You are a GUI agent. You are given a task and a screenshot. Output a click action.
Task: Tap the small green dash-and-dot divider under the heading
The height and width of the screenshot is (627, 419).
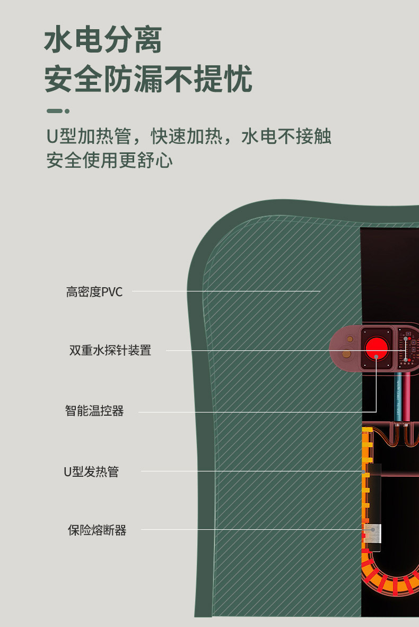click(x=58, y=111)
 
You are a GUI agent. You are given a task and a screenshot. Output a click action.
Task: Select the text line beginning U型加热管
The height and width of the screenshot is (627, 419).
click(x=188, y=136)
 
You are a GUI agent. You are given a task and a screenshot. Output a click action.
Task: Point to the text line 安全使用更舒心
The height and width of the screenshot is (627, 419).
click(x=109, y=160)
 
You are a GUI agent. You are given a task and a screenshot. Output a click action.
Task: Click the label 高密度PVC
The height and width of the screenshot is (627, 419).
click(x=94, y=291)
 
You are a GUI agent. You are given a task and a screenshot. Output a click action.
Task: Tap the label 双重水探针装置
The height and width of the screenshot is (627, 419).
click(x=110, y=350)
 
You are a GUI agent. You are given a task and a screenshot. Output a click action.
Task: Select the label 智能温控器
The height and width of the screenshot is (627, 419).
click(x=94, y=411)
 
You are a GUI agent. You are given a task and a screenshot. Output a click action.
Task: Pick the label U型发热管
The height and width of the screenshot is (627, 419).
click(x=91, y=471)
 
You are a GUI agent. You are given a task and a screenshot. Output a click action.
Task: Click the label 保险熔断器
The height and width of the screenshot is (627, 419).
click(x=97, y=530)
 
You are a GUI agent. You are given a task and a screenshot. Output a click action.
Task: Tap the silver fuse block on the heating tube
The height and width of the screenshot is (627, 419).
click(x=373, y=533)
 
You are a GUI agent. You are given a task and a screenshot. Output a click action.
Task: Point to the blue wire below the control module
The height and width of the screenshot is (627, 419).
click(x=398, y=396)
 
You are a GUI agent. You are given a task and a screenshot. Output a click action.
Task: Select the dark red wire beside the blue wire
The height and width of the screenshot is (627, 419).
click(x=407, y=396)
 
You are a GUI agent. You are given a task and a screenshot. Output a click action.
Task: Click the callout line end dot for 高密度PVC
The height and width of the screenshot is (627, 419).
click(x=320, y=291)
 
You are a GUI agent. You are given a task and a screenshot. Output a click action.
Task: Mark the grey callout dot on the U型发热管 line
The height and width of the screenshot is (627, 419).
click(x=363, y=471)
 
